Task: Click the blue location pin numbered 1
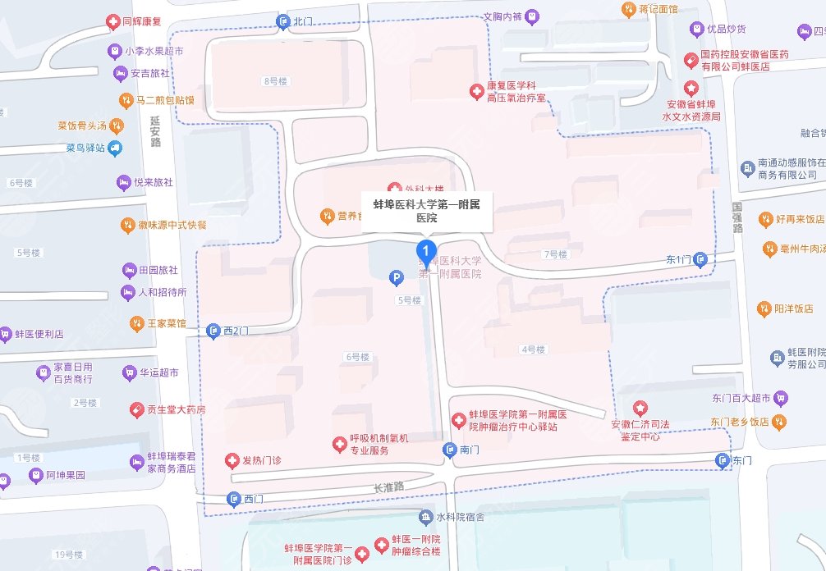(x=425, y=249)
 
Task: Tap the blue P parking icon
(x=397, y=278)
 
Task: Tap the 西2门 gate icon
(x=213, y=330)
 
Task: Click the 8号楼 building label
(x=274, y=81)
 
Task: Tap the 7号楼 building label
(x=555, y=254)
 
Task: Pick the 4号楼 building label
(x=533, y=349)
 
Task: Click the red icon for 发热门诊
(x=232, y=460)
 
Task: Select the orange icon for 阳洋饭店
(x=764, y=308)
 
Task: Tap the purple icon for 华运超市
(x=129, y=372)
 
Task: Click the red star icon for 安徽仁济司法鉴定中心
(x=640, y=408)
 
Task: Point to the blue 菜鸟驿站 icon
(x=114, y=148)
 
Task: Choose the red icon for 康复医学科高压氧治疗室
(x=475, y=91)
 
